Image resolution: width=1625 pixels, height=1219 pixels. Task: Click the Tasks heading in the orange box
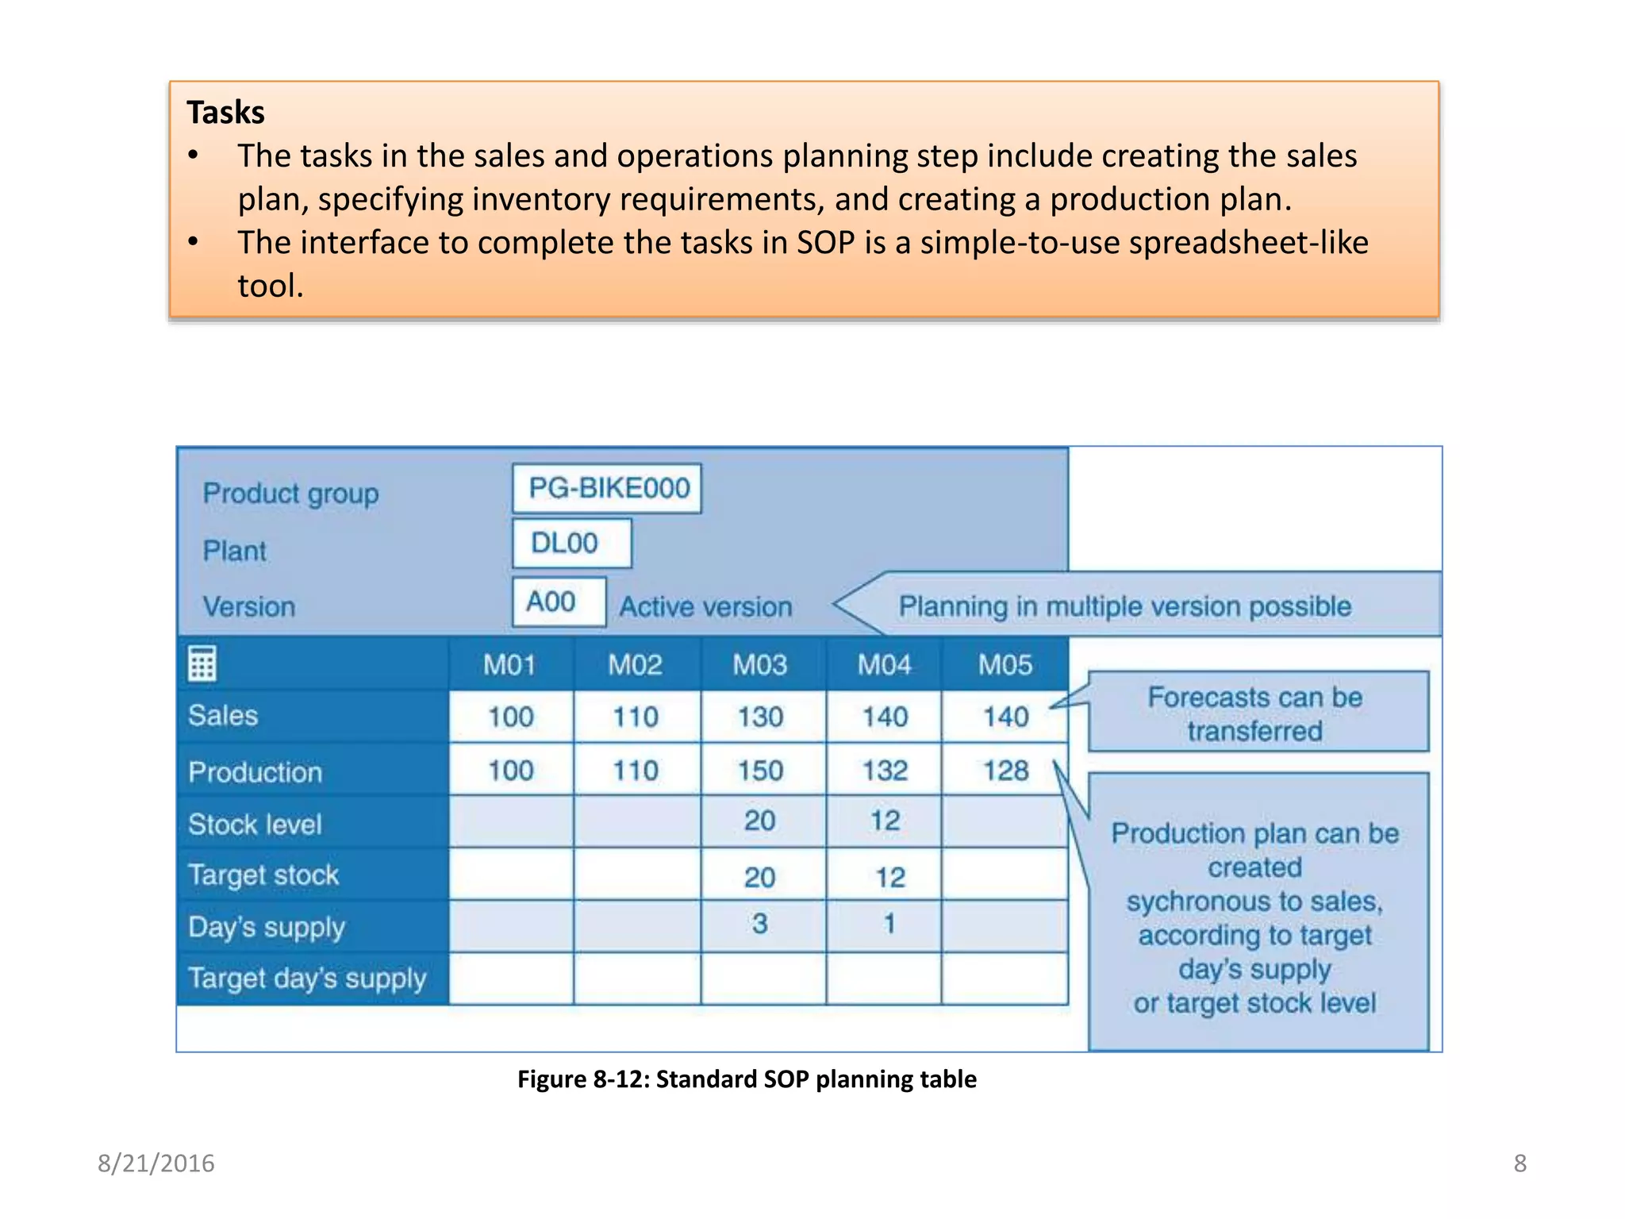[225, 113]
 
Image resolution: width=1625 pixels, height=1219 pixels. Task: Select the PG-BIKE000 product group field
[608, 488]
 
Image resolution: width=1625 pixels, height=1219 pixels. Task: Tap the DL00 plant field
[571, 544]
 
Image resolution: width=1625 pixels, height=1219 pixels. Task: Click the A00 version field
[558, 602]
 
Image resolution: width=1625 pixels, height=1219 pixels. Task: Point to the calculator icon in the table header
[202, 664]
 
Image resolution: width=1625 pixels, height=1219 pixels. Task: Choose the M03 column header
[760, 665]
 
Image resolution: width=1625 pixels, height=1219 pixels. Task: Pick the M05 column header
[1005, 665]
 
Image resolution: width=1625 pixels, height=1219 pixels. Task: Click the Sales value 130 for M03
[760, 717]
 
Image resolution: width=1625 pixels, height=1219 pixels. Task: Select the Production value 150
[760, 771]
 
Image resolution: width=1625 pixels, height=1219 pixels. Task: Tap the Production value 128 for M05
[1005, 771]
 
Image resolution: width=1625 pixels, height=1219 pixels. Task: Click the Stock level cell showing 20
[760, 821]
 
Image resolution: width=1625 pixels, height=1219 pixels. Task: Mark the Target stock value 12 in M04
[889, 877]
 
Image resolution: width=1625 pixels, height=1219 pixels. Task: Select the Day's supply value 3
[760, 924]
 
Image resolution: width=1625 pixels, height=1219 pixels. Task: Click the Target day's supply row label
[308, 979]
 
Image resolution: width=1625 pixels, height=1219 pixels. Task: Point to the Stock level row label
[255, 825]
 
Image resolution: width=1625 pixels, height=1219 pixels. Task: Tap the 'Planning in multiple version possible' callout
[1125, 607]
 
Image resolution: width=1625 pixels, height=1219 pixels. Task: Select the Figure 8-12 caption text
[747, 1079]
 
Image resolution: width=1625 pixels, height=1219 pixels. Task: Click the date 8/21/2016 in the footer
[156, 1163]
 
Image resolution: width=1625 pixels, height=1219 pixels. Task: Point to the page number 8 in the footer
[1519, 1163]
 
